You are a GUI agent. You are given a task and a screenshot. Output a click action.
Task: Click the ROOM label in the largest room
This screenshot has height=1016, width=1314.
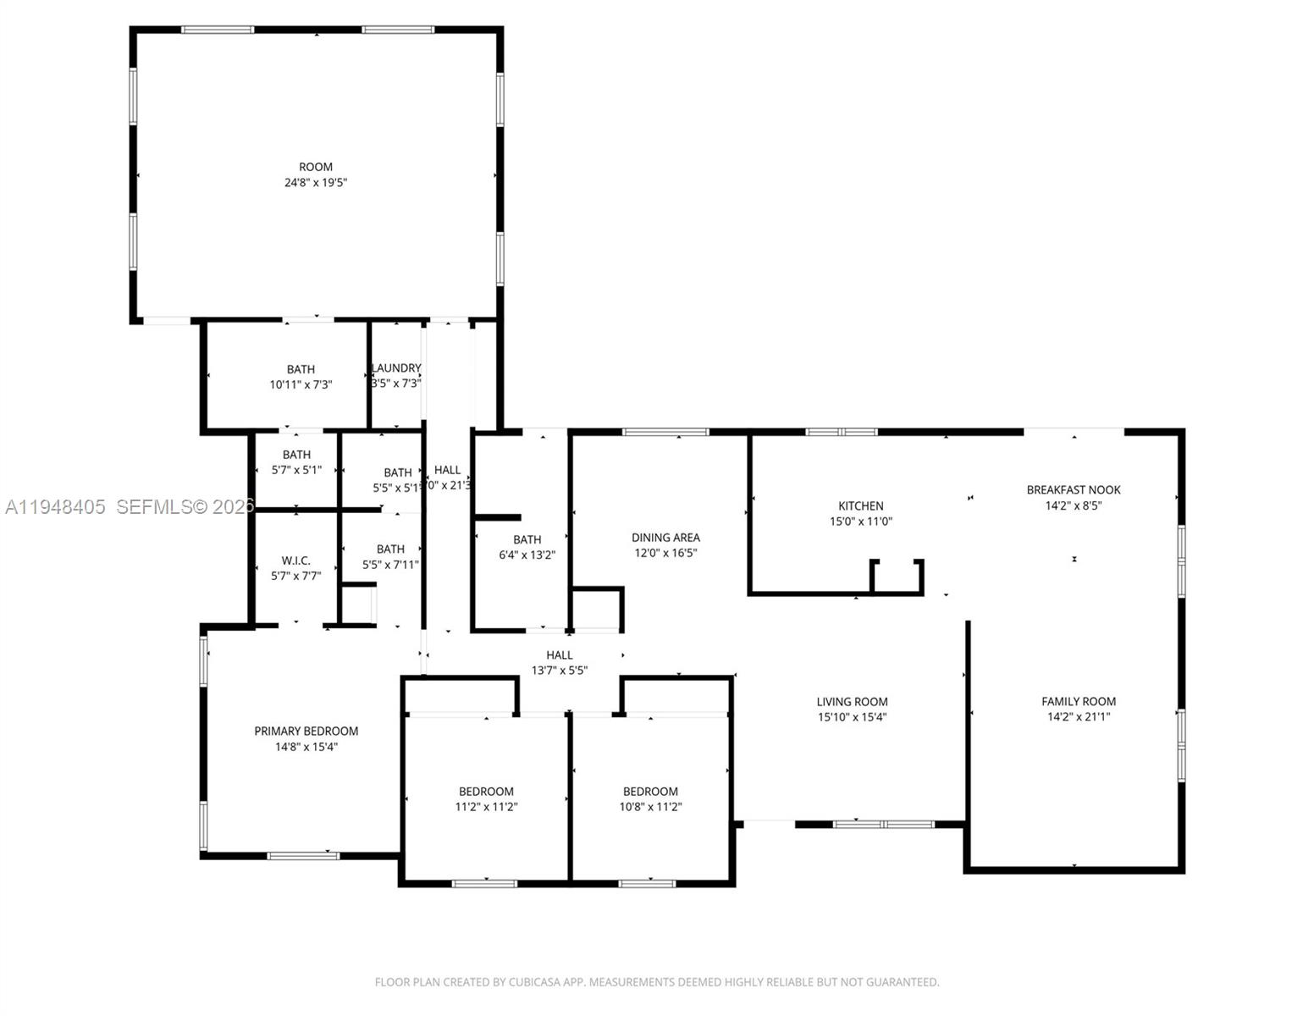pyautogui.click(x=315, y=167)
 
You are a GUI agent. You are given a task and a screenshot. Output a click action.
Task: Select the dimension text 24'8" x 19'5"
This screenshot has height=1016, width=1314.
pyautogui.click(x=315, y=182)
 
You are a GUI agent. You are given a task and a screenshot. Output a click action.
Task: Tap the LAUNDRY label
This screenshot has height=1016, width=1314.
pyautogui.click(x=396, y=368)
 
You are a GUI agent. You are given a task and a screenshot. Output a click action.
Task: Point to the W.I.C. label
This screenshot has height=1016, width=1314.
pyautogui.click(x=295, y=560)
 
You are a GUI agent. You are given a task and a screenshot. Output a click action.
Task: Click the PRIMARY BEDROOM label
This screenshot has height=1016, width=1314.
pyautogui.click(x=306, y=731)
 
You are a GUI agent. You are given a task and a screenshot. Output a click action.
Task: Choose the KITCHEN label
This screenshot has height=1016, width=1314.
pyautogui.click(x=860, y=505)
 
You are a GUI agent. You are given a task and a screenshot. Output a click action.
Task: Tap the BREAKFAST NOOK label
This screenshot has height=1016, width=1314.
pyautogui.click(x=1073, y=489)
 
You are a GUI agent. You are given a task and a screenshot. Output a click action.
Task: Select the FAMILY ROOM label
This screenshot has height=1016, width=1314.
pyautogui.click(x=1078, y=701)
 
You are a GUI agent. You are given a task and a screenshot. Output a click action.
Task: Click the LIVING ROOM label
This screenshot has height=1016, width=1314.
pyautogui.click(x=852, y=701)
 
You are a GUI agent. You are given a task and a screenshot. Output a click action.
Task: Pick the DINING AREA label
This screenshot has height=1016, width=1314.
pyautogui.click(x=665, y=537)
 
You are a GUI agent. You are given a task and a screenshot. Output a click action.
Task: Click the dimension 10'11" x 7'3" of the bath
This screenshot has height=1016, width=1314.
pyautogui.click(x=301, y=384)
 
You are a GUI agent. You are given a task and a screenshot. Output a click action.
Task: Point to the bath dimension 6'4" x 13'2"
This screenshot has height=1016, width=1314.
pyautogui.click(x=527, y=555)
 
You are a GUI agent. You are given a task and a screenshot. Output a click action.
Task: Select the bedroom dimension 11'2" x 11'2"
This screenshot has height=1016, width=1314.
pyautogui.click(x=486, y=807)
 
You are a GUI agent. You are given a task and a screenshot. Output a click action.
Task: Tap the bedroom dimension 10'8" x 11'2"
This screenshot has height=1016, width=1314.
pyautogui.click(x=649, y=807)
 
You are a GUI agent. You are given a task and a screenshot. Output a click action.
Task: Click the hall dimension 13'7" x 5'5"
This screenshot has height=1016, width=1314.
pyautogui.click(x=559, y=670)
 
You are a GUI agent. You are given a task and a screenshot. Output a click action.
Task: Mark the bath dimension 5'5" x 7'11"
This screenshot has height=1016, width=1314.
pyautogui.click(x=390, y=565)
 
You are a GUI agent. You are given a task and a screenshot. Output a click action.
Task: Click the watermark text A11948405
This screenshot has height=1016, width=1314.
pyautogui.click(x=55, y=507)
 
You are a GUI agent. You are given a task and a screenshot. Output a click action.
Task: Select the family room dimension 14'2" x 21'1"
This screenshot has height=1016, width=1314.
pyautogui.click(x=1078, y=716)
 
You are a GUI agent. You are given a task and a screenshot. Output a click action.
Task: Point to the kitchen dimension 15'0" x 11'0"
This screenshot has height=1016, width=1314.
pyautogui.click(x=860, y=522)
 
